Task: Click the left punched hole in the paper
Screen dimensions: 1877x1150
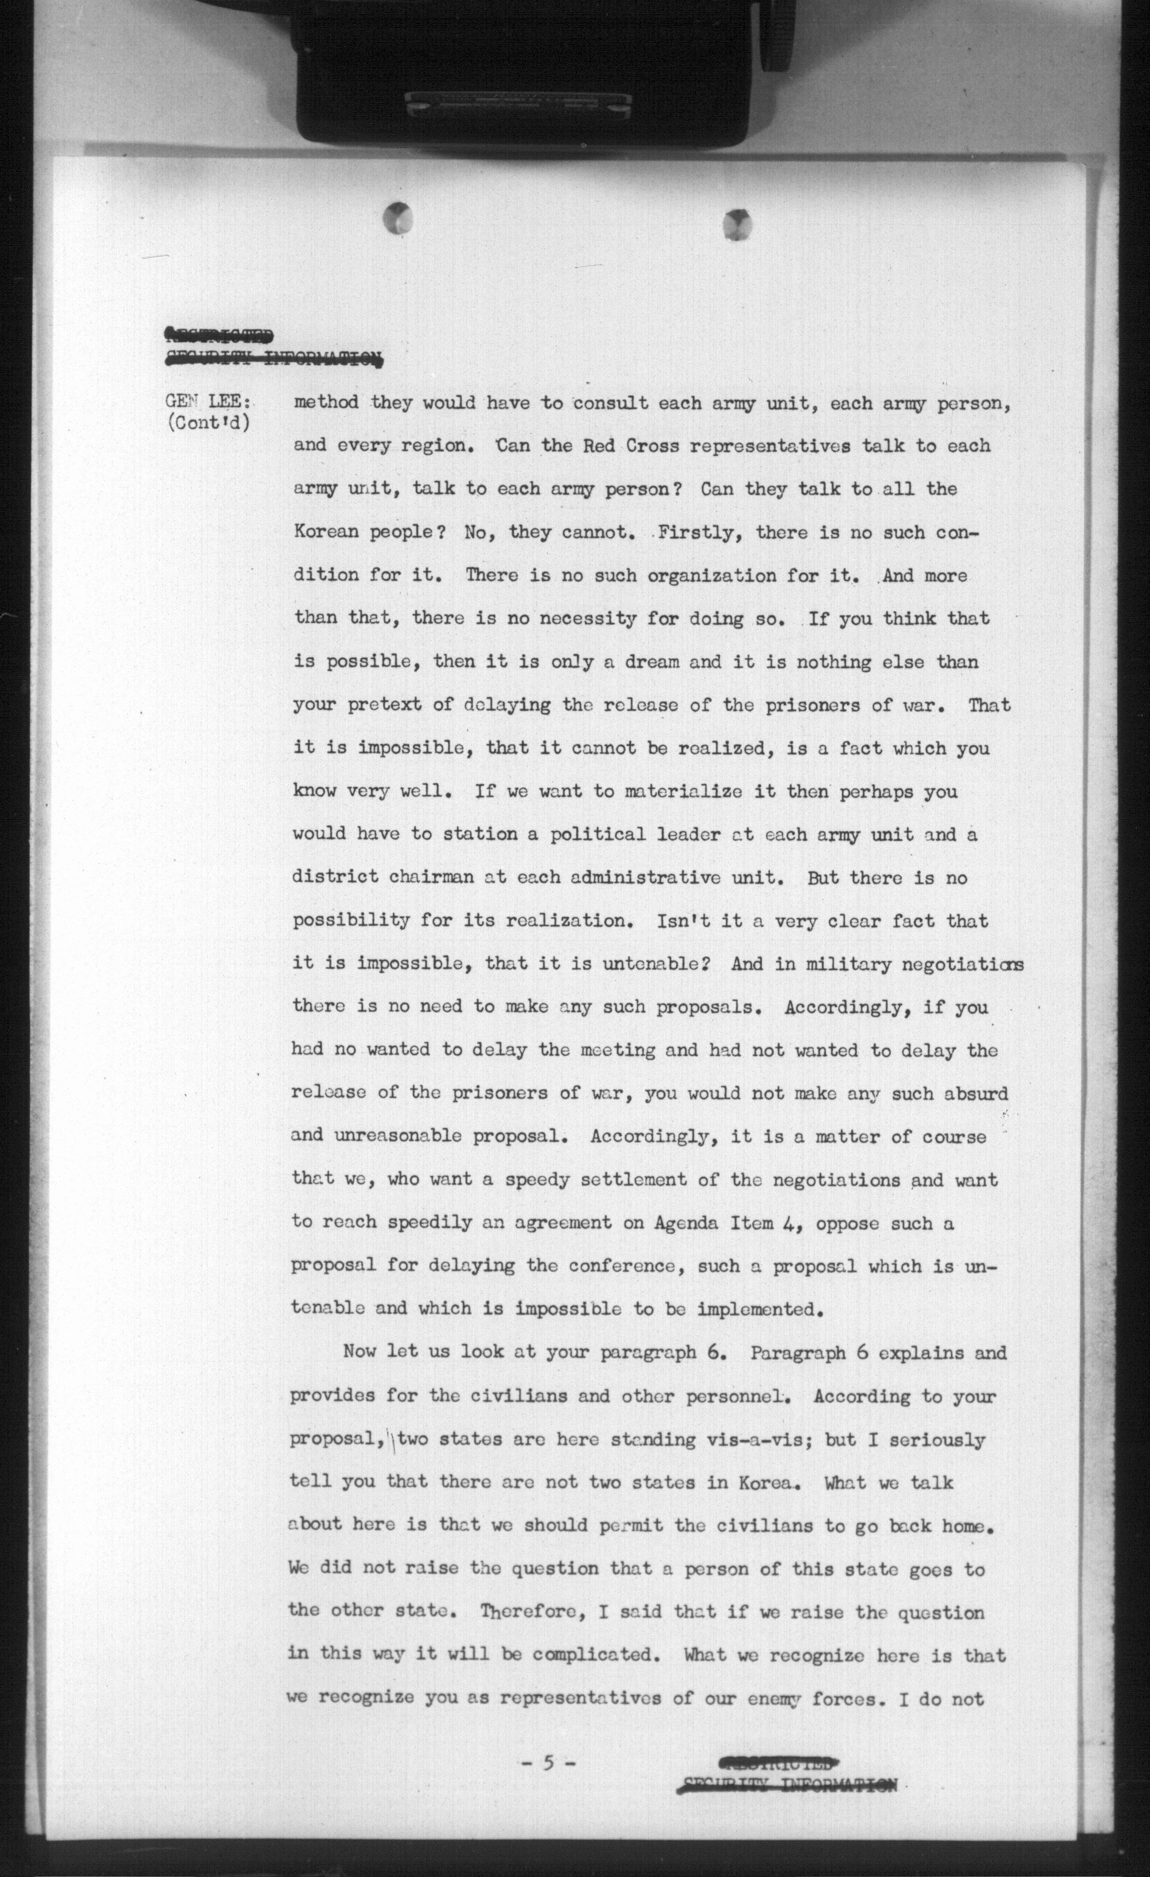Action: coord(399,219)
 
